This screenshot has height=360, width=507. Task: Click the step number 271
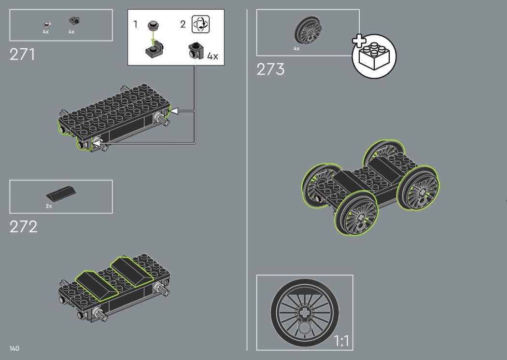[22, 55]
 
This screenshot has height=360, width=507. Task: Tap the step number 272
[23, 227]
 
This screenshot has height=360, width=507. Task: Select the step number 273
[270, 69]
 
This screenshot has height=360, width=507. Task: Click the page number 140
[14, 348]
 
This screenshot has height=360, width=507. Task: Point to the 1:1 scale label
[341, 341]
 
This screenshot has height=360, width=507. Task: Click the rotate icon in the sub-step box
[200, 24]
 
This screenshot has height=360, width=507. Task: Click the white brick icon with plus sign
[374, 55]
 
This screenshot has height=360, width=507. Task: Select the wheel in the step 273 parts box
[308, 30]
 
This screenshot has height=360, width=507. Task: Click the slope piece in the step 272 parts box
[61, 193]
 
